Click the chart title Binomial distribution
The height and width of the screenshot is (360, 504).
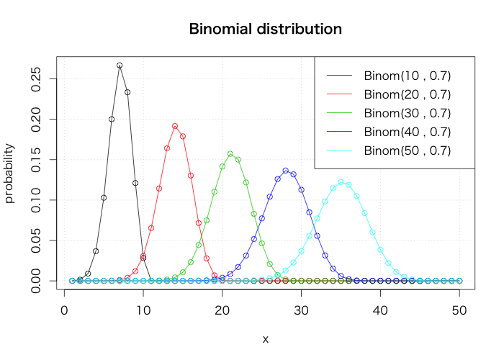point(265,30)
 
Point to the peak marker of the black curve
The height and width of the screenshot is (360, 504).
point(120,66)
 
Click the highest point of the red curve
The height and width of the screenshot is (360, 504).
point(175,126)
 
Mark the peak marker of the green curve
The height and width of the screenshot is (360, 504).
point(230,153)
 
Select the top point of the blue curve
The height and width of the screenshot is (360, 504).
point(286,171)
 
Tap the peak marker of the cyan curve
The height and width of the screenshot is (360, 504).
point(341,181)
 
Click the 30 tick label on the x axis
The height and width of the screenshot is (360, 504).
point(302,310)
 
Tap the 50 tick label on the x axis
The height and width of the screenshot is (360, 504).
point(460,310)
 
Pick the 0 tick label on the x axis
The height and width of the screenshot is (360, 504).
point(65,310)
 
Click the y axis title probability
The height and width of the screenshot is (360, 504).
point(9,173)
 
